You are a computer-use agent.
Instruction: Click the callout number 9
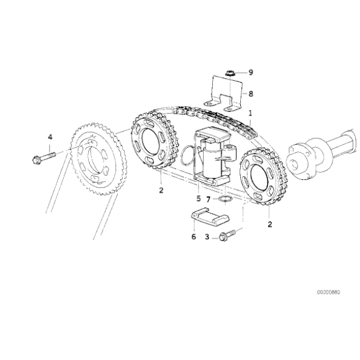pyautogui.click(x=251, y=73)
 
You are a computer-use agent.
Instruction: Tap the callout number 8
pyautogui.click(x=251, y=94)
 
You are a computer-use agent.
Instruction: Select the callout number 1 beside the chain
pyautogui.click(x=250, y=114)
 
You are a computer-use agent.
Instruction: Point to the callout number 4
pyautogui.click(x=50, y=136)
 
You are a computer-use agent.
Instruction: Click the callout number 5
pyautogui.click(x=198, y=199)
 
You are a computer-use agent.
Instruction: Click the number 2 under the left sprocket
pyautogui.click(x=161, y=191)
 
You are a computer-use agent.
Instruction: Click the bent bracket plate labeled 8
pyautogui.click(x=227, y=93)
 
